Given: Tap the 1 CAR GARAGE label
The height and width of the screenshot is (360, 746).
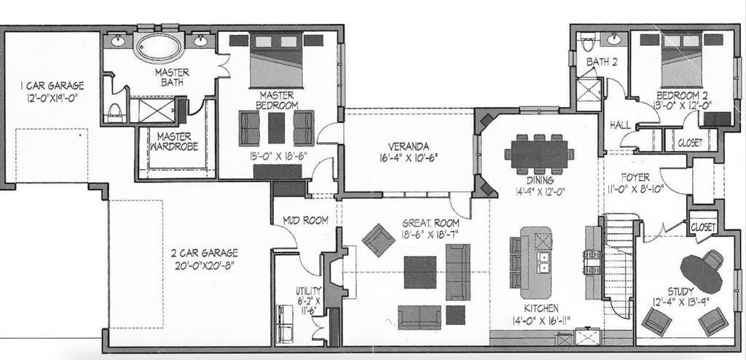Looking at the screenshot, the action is point(52,86).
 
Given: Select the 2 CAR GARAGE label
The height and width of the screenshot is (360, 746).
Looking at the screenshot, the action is point(205,253).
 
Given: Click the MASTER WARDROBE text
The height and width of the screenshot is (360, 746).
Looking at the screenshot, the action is point(174,141).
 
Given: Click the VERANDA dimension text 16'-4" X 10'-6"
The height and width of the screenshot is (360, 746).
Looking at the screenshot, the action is point(408,157).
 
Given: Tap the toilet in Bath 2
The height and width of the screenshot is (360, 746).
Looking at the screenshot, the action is point(588,42).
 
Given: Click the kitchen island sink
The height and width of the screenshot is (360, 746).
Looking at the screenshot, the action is point(542,262).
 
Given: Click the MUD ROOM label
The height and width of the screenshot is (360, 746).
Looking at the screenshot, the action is point(305,221).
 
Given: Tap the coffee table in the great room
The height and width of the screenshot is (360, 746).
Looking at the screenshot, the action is point(420,273).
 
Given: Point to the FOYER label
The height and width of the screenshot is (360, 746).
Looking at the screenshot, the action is point(635,178).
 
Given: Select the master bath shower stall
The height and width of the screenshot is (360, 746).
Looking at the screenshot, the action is point(152,110).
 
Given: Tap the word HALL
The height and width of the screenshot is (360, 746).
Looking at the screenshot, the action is point(621,125).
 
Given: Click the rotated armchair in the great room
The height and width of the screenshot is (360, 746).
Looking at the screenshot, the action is point(378,240).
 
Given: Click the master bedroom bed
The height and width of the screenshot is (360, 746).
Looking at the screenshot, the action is point(276,60).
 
